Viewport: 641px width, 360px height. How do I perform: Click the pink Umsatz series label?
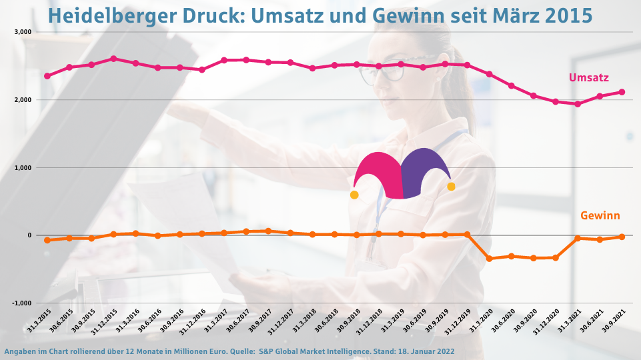[x=588, y=78]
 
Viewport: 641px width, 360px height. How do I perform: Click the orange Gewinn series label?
[x=600, y=215]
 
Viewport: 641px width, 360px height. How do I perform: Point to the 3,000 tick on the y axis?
[x=23, y=32]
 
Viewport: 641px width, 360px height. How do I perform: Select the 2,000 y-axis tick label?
[x=23, y=100]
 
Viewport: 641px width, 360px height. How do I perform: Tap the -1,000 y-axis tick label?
[x=21, y=303]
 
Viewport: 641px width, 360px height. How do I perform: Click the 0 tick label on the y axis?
[x=29, y=235]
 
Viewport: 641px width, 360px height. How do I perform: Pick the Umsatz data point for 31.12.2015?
[x=113, y=59]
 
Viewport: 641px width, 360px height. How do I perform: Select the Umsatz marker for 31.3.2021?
[x=578, y=104]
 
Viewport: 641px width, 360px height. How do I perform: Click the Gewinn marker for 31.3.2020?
[x=489, y=259]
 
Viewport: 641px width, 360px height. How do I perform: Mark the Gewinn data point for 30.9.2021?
[x=622, y=237]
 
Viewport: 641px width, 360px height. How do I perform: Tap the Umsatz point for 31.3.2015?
[x=47, y=76]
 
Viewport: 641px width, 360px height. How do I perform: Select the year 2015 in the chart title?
[x=568, y=15]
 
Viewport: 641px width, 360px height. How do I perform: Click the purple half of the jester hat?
[x=427, y=172]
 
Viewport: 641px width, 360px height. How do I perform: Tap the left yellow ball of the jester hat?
[x=354, y=195]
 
